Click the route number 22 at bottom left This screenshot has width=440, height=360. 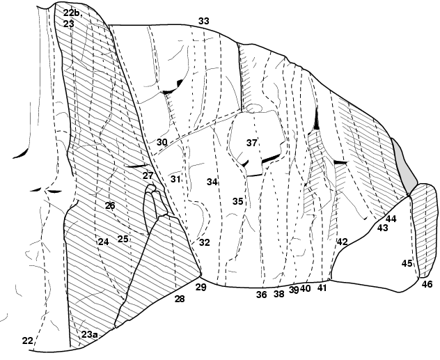27,341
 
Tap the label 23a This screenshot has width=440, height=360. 90,335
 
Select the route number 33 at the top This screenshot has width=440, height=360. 204,21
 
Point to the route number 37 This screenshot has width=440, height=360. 252,143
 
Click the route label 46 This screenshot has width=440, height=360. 427,285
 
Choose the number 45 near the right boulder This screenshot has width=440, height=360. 407,263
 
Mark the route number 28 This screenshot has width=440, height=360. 180,299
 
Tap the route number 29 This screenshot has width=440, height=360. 201,288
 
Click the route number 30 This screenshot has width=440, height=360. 162,142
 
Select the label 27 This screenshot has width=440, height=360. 148,176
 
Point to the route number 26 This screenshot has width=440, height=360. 110,205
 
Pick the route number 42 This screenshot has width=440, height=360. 343,242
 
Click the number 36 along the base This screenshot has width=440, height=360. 262,295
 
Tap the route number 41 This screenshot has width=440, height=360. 322,288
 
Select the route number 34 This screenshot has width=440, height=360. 212,182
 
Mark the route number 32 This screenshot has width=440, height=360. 205,242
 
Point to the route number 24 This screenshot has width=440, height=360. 104,242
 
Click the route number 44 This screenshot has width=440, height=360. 391,219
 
